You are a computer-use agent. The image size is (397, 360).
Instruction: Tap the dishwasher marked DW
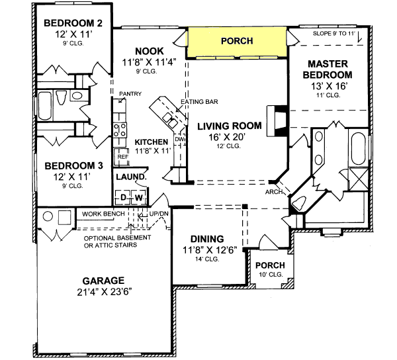179,140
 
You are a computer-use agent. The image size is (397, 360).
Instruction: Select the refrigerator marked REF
122,157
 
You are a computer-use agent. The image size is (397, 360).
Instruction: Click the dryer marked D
123,197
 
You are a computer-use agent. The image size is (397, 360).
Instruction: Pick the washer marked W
139,197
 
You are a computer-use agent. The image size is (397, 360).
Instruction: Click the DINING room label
206,239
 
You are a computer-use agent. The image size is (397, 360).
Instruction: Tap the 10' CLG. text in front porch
269,275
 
